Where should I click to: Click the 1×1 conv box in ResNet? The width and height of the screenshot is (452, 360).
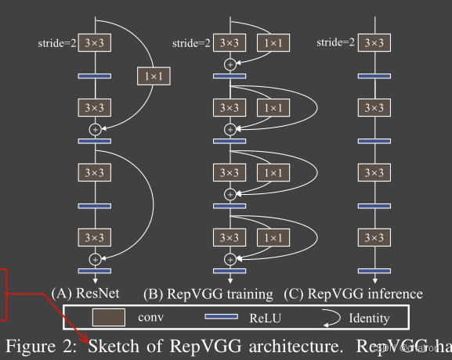tap(153, 76)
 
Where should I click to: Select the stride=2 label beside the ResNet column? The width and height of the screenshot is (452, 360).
tap(58, 43)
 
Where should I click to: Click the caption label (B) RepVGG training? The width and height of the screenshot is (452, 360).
tap(208, 294)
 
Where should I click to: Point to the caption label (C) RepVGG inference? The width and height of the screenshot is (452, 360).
tap(353, 294)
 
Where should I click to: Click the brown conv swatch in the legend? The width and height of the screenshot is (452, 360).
tap(109, 317)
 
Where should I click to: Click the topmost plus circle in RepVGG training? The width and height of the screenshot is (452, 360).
tap(230, 64)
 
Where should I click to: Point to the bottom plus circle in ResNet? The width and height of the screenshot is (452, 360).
tap(96, 259)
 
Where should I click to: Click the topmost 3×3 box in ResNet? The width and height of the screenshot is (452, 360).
tap(96, 43)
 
